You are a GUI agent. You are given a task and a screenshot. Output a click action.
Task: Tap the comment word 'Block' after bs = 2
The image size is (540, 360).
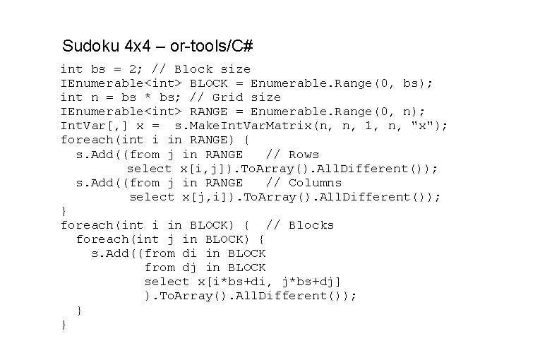coord(193,69)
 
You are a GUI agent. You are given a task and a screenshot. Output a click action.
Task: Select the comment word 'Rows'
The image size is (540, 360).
coord(304,154)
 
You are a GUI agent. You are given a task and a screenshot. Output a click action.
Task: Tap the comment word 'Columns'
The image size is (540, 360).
coord(315,182)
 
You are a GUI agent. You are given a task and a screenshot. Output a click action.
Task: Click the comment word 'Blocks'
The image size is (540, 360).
coord(311,224)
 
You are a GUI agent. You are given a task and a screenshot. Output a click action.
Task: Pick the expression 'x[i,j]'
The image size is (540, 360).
coord(200,168)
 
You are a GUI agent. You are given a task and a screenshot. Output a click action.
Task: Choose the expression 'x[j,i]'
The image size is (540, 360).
coord(204,196)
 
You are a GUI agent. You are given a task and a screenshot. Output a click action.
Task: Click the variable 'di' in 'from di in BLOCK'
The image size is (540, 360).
coord(189,253)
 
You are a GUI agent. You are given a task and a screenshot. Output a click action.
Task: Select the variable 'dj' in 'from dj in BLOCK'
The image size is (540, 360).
coord(189,267)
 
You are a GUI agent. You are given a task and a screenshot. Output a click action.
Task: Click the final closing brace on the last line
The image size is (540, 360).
coord(64,324)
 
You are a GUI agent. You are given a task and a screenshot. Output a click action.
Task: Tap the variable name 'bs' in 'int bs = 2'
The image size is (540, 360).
coord(97,69)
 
